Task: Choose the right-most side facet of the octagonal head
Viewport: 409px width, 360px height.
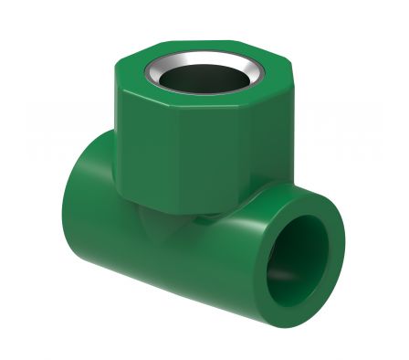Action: tap(284, 137)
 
